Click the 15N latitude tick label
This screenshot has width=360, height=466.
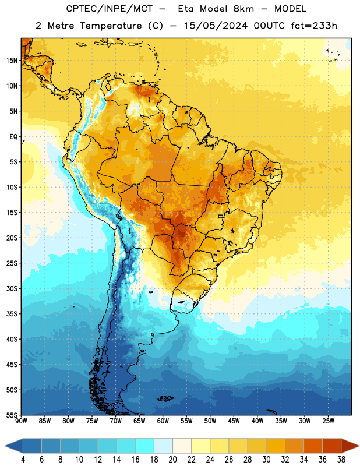12,61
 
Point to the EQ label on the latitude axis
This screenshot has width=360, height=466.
13,137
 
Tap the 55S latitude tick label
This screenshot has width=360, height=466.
12,415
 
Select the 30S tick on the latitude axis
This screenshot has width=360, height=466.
12,288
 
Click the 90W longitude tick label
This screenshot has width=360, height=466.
21,421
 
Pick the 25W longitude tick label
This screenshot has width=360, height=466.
328,421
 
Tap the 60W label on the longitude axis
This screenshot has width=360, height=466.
163,421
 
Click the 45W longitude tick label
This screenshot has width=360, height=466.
234,421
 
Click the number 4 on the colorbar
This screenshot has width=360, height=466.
23,460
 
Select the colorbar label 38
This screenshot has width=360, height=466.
341,460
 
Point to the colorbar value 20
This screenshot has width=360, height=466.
172,460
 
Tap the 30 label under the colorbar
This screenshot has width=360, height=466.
266,460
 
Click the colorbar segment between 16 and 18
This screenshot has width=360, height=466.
144,446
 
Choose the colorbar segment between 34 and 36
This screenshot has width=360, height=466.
313,446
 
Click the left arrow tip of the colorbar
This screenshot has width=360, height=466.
5,446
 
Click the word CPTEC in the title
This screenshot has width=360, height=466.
76,9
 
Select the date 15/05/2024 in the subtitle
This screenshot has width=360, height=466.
215,26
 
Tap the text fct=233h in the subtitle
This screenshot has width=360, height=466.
314,26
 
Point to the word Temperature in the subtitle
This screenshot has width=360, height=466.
111,26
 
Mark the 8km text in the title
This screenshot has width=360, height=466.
243,9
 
